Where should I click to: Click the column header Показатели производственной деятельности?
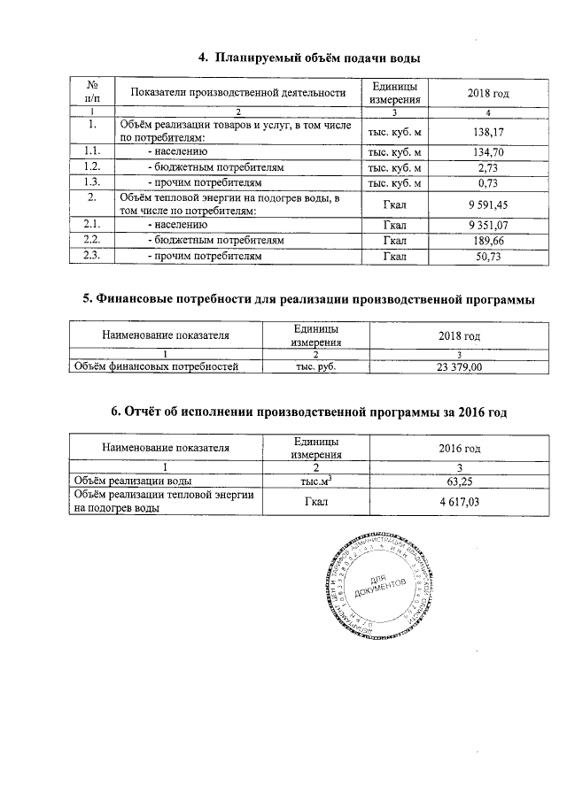[237, 93]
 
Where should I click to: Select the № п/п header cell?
[92, 93]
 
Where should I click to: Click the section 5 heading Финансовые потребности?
[307, 299]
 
